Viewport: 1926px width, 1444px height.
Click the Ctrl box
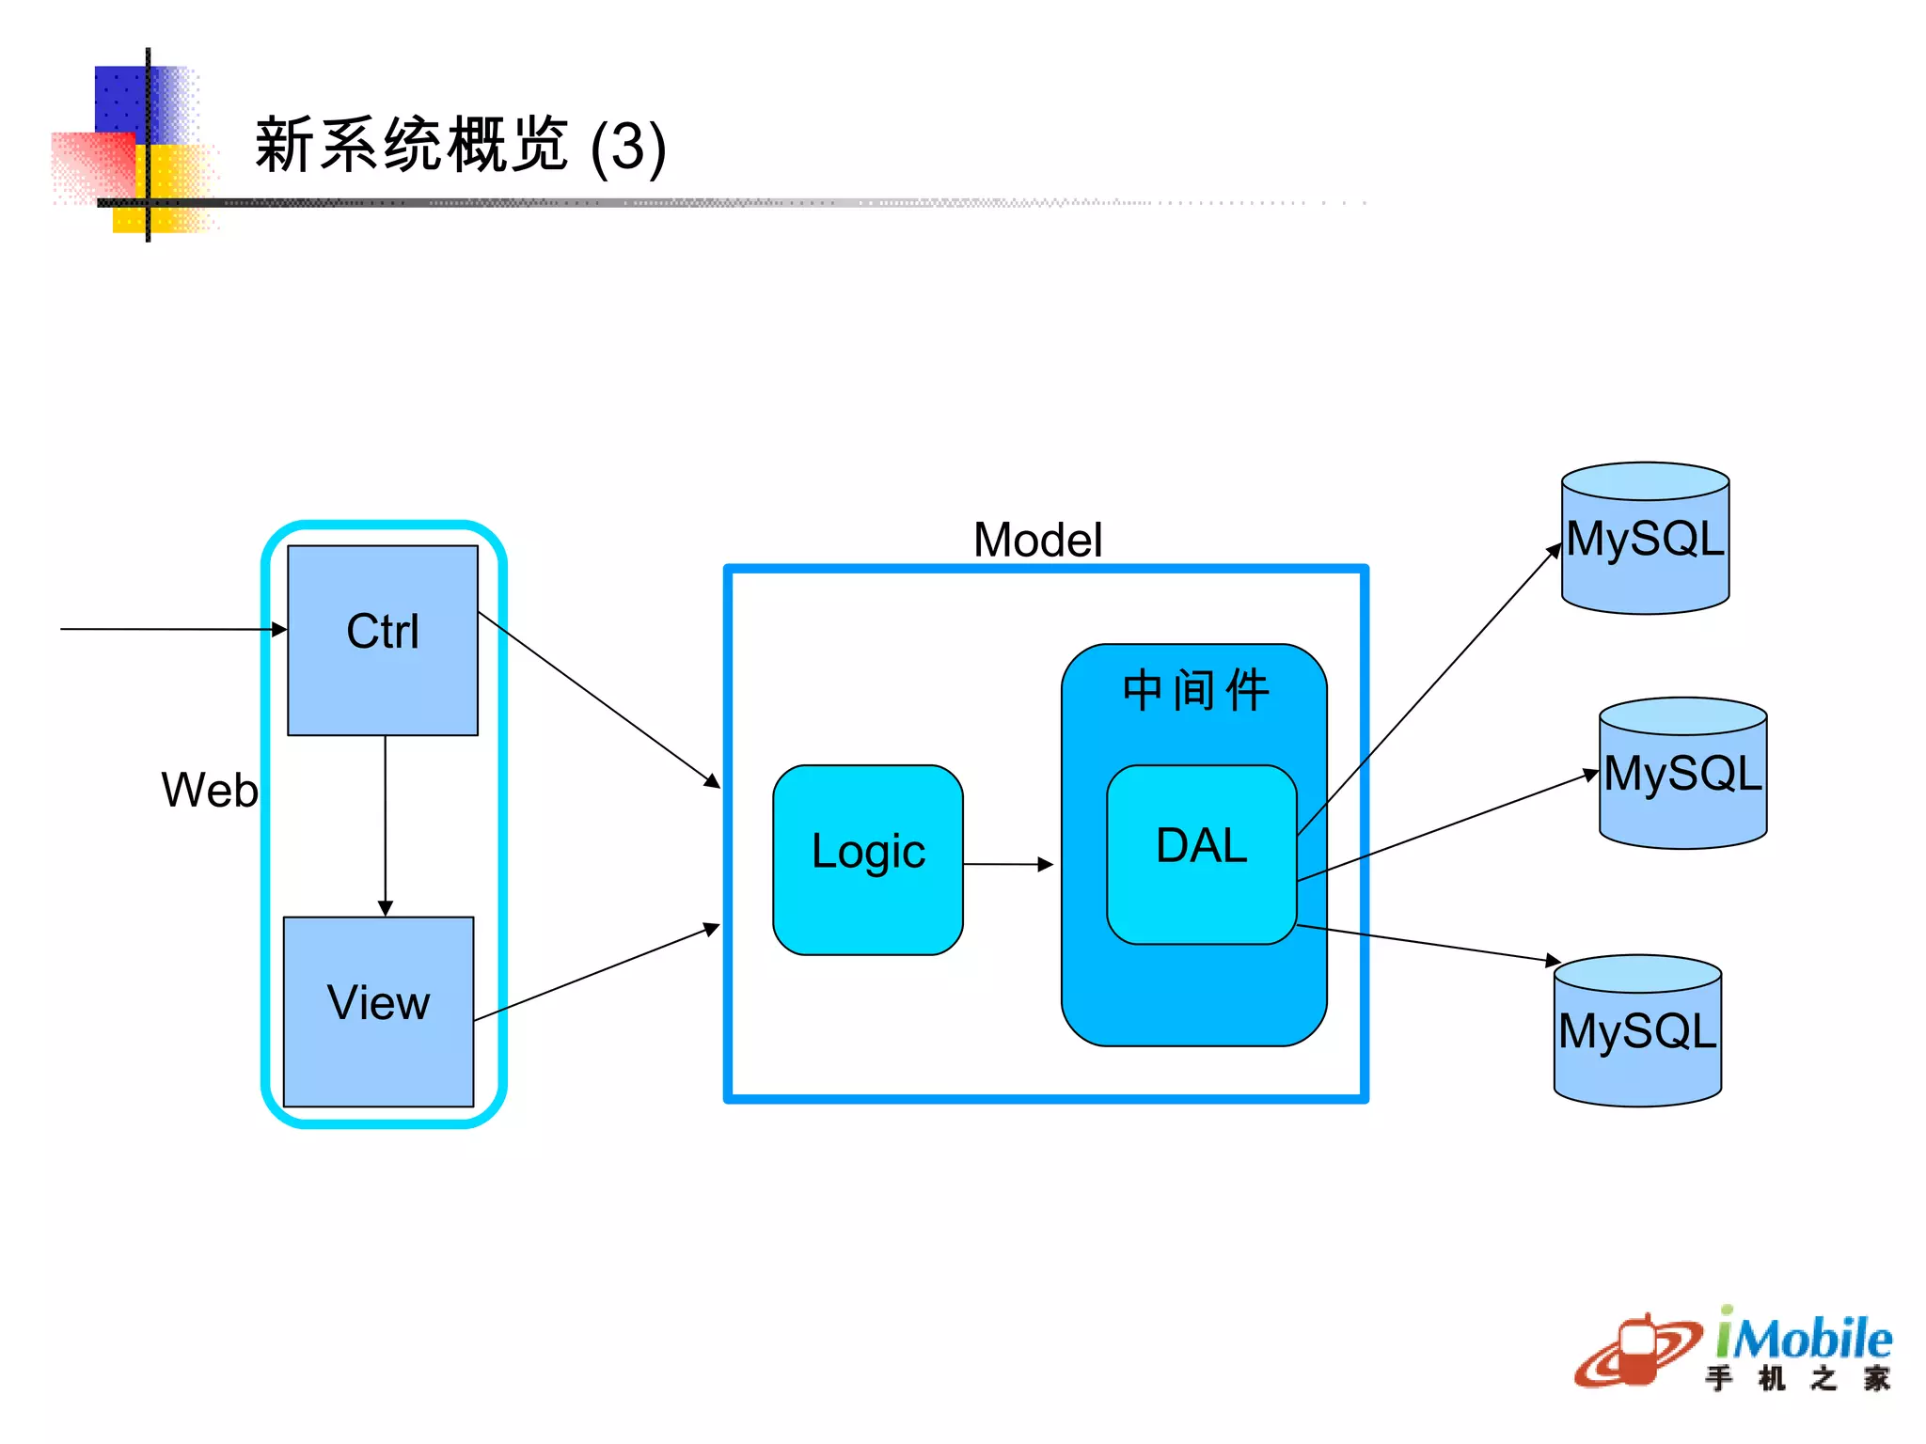pos(383,639)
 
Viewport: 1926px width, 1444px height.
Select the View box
pos(378,1011)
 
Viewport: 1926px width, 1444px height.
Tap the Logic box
pos(867,859)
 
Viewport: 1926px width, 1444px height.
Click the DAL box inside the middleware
pos(1201,854)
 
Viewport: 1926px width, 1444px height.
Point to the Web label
pos(209,790)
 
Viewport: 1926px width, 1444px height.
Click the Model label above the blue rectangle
pos(1037,540)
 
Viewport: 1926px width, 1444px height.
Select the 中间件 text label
pos(1195,690)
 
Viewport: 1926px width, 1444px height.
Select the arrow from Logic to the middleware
pos(1006,863)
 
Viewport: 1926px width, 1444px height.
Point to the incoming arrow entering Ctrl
pos(169,629)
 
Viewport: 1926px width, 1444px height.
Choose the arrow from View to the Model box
pos(596,974)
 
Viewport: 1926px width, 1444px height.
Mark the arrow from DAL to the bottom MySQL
pos(1429,943)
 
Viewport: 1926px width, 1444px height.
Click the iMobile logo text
pos(1802,1339)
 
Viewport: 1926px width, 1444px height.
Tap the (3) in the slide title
pos(628,148)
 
